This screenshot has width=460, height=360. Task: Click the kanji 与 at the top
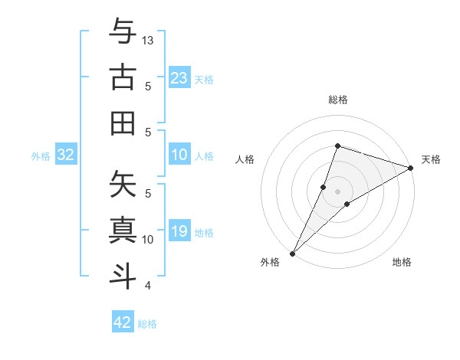pyautogui.click(x=123, y=32)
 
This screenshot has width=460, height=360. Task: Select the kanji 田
pyautogui.click(x=123, y=123)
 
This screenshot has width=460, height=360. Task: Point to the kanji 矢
pyautogui.click(x=123, y=184)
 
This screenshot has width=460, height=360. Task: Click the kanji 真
pyautogui.click(x=123, y=230)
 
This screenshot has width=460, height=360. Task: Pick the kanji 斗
pyautogui.click(x=123, y=276)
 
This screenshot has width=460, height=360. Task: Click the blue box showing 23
pyautogui.click(x=179, y=78)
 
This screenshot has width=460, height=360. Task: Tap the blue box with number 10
pyautogui.click(x=179, y=155)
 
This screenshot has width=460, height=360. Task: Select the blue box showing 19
pyautogui.click(x=179, y=232)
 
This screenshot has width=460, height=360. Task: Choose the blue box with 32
pyautogui.click(x=66, y=155)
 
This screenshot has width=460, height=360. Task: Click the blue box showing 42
pyautogui.click(x=123, y=322)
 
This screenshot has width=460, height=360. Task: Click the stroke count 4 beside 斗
pyautogui.click(x=148, y=286)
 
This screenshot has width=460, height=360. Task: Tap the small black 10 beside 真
pyautogui.click(x=149, y=239)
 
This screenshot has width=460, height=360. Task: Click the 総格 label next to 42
pyautogui.click(x=147, y=324)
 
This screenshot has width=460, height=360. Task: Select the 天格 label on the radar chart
pyautogui.click(x=431, y=159)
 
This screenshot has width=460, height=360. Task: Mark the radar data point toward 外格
pyautogui.click(x=292, y=253)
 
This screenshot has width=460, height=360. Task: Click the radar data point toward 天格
pyautogui.click(x=411, y=168)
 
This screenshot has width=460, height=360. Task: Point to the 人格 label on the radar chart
pyautogui.click(x=245, y=159)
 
